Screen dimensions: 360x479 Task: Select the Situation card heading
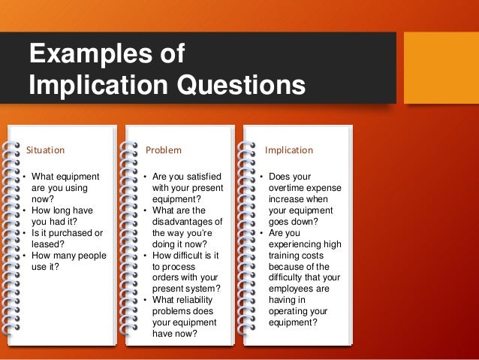click(x=46, y=150)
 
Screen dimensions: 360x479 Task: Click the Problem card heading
click(x=163, y=150)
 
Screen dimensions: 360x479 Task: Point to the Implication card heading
click(x=289, y=150)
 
